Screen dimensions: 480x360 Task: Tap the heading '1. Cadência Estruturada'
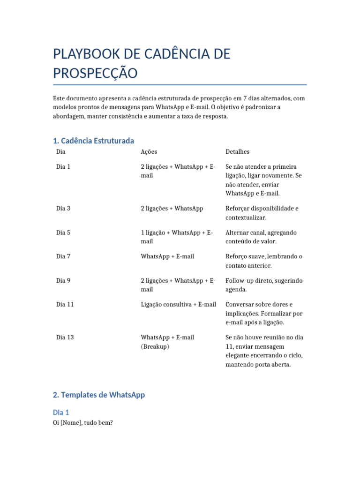point(94,141)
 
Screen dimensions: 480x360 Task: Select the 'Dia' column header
point(61,152)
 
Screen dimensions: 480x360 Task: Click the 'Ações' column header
point(149,152)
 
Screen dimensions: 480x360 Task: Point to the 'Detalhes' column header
point(237,152)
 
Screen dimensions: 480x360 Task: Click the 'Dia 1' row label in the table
point(63,166)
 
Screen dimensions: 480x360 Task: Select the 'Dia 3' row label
point(63,208)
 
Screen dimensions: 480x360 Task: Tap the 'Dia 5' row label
point(63,232)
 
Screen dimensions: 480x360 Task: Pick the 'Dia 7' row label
point(63,256)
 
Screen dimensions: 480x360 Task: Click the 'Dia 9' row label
point(63,280)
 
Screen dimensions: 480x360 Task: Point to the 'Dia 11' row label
point(65,304)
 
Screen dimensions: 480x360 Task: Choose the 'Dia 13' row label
point(65,337)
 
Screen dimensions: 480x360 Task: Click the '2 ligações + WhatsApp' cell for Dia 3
point(172,208)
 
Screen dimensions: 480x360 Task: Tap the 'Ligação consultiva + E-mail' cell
point(178,304)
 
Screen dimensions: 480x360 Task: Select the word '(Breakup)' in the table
point(155,346)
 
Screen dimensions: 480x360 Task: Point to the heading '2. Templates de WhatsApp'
point(99,395)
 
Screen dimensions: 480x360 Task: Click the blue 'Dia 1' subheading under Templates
point(61,412)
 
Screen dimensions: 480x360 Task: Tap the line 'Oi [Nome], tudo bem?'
point(83,423)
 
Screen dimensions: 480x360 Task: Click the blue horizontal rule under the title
point(180,85)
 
